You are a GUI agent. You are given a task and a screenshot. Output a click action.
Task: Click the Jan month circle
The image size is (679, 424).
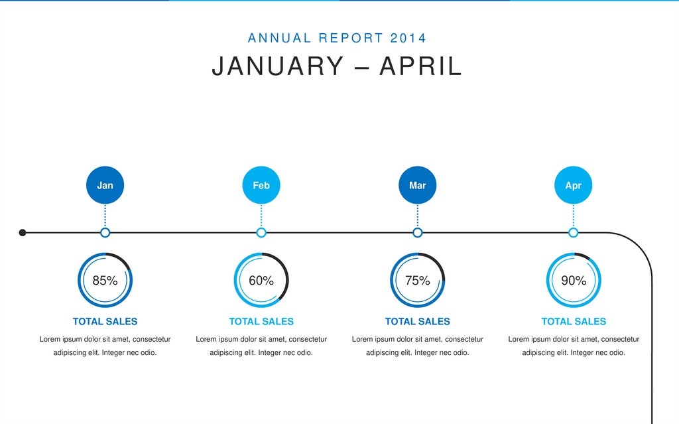(105, 185)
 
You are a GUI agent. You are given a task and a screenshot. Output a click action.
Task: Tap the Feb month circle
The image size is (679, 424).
(261, 185)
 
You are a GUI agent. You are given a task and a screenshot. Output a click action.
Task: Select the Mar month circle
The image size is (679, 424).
(418, 185)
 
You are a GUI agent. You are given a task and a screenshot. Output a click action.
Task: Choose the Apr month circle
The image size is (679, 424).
(574, 185)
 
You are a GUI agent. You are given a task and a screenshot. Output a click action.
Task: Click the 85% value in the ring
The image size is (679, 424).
(105, 281)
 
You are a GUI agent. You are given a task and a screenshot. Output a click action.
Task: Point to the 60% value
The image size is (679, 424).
(261, 281)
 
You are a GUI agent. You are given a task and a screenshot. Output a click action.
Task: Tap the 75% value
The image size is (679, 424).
(418, 281)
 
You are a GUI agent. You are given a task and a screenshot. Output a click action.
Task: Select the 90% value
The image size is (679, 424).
(574, 281)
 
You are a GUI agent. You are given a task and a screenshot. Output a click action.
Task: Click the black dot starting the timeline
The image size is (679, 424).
(23, 232)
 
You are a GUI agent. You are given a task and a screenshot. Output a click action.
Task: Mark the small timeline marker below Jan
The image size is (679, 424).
(105, 232)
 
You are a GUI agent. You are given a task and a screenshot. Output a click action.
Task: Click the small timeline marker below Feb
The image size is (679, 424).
(261, 232)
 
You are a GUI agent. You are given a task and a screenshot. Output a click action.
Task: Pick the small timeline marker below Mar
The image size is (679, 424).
(418, 232)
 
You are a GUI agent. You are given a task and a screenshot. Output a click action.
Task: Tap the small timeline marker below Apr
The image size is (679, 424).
(574, 232)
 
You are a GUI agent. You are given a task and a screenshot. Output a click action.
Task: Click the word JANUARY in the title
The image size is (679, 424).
(278, 66)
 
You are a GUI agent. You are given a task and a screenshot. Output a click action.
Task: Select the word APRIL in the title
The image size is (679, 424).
(420, 66)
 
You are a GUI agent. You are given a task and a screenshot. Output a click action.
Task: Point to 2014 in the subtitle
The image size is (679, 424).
(408, 38)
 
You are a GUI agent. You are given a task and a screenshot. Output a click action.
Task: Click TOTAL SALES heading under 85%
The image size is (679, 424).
(105, 321)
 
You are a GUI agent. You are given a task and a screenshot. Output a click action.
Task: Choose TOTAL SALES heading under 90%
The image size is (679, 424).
(574, 321)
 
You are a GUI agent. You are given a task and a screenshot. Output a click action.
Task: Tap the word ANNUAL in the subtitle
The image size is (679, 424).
(279, 38)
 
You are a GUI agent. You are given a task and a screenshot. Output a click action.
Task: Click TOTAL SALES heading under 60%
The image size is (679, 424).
(261, 321)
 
